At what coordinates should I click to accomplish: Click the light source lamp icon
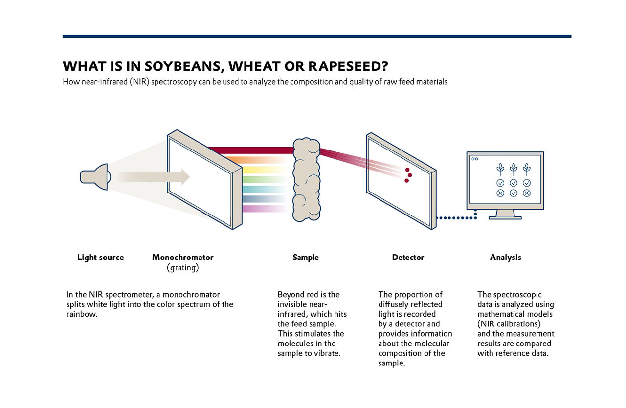coord(95,176)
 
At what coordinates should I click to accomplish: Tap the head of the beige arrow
coord(185,176)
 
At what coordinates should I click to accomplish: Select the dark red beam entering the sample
coord(249,150)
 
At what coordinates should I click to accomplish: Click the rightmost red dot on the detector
coord(410,175)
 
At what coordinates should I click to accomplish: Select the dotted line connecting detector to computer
coord(455,218)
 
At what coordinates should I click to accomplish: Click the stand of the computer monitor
coord(505,214)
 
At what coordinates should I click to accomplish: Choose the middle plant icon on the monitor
coord(514,169)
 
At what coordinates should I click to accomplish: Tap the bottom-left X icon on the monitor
coord(500,193)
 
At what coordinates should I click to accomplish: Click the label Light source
coord(100,258)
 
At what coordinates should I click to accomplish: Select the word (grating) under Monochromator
coord(182,268)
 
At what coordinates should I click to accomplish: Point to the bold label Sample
coord(305,258)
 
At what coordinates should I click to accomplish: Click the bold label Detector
coord(408,258)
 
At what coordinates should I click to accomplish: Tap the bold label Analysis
coord(505,258)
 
